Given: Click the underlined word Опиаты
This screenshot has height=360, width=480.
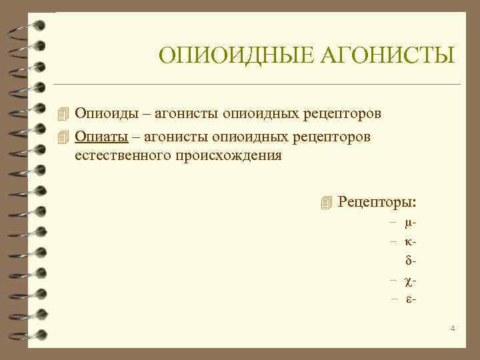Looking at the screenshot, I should [x=101, y=136].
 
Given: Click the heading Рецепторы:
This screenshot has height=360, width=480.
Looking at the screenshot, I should [x=377, y=201].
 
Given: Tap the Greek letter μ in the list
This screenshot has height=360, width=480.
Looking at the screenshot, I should [x=408, y=221].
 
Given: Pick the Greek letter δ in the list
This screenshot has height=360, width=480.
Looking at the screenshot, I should [x=408, y=257].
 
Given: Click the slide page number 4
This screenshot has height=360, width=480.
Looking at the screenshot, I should [x=453, y=329].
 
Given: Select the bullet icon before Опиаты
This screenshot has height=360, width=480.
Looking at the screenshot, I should [x=63, y=136].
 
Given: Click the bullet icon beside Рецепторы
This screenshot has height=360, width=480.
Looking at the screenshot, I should [x=325, y=202].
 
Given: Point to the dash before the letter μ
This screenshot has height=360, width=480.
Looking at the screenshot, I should [x=394, y=221].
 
